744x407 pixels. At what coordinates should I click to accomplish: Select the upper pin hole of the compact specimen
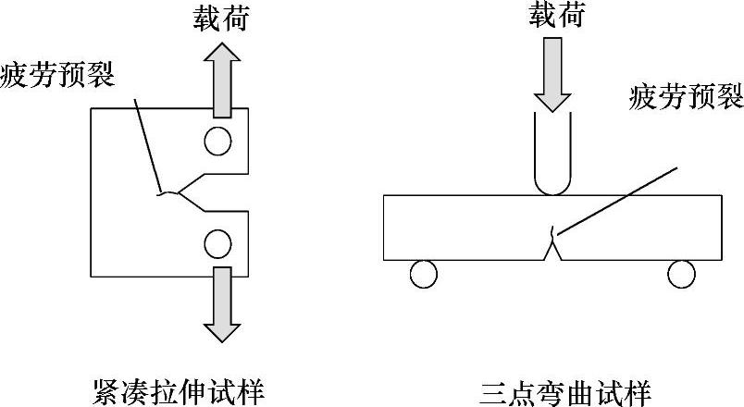[x=218, y=141]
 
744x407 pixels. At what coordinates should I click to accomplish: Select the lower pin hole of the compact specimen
[x=218, y=244]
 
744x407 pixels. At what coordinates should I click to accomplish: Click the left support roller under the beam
[x=422, y=274]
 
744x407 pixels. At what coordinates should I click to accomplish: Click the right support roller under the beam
[x=681, y=274]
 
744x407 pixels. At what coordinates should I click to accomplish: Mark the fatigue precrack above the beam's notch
[x=552, y=232]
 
